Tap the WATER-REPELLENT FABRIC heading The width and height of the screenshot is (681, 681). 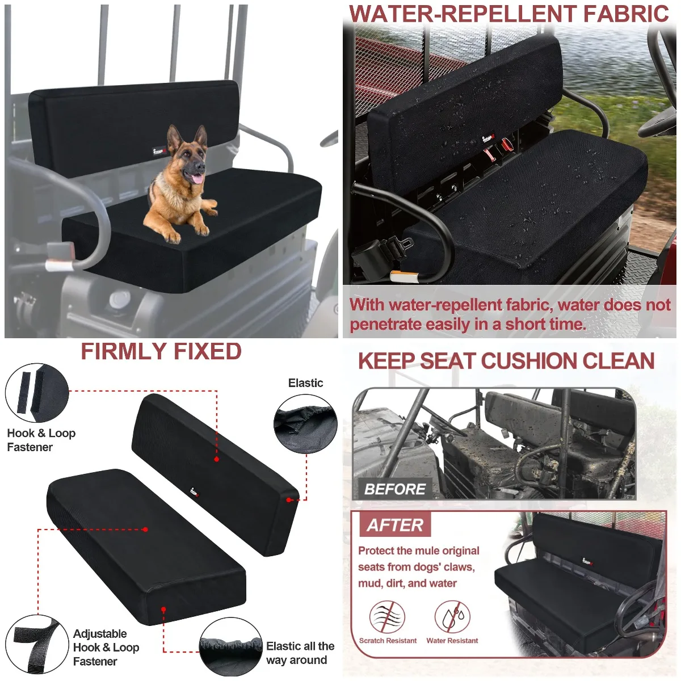tap(509, 14)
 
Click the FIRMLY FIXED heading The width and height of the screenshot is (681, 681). tap(161, 352)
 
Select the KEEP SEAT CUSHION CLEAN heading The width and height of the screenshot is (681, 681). tap(506, 361)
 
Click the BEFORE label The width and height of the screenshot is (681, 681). tap(395, 489)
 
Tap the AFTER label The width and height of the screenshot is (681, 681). tap(395, 525)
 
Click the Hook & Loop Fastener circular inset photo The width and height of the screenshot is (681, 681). tap(36, 393)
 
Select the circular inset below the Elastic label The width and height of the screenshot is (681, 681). tap(305, 424)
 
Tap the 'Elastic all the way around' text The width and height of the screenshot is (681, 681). tap(300, 653)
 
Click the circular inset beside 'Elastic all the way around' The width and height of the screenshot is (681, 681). tap(230, 648)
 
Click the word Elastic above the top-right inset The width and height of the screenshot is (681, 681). tap(305, 383)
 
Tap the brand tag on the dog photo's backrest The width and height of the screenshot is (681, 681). tap(159, 151)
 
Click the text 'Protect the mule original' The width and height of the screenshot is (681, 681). tap(418, 550)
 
